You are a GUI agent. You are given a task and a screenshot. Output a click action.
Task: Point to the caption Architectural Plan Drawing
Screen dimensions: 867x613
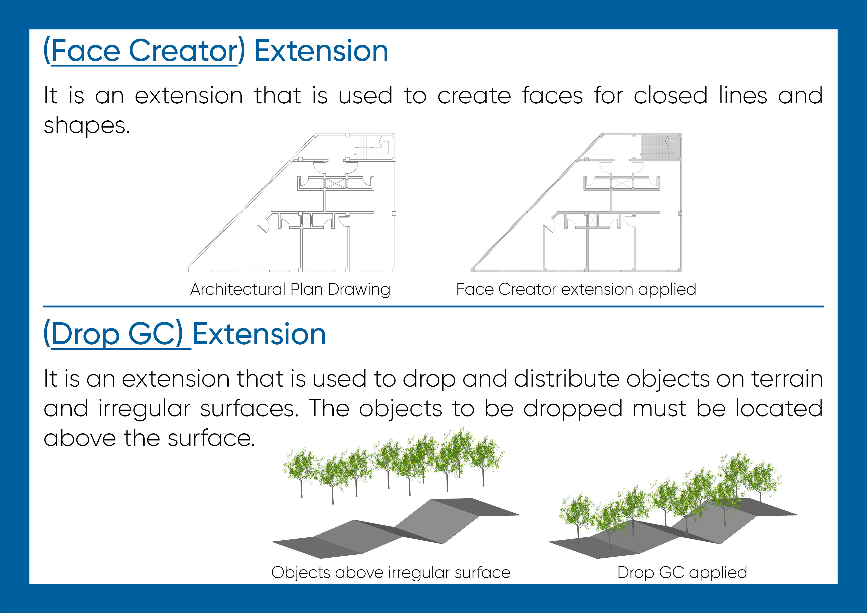[290, 290]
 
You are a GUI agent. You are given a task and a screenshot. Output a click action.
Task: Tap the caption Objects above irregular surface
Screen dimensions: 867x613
[391, 573]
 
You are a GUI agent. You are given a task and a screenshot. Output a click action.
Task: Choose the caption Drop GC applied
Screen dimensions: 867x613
[682, 573]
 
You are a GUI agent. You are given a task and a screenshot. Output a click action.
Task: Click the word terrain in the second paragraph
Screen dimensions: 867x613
[787, 379]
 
